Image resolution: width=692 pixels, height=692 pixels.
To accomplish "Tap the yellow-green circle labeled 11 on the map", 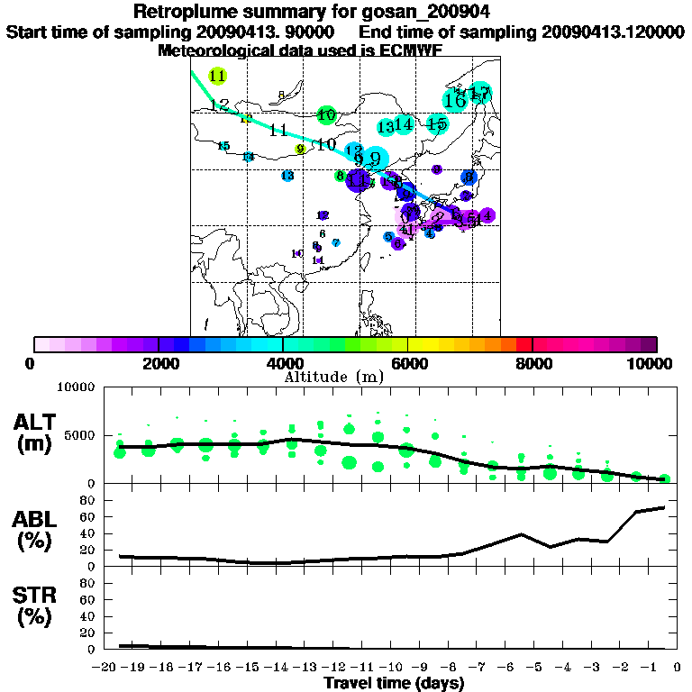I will (217, 77).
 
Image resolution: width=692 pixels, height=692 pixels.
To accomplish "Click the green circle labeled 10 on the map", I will (326, 114).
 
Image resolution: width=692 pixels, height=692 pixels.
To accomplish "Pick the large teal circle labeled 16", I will (455, 100).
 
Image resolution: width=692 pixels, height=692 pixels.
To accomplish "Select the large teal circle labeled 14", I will (404, 124).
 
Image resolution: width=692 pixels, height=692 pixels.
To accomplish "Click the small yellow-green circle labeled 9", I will (301, 149).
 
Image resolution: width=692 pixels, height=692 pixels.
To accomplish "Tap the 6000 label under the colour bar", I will (407, 364).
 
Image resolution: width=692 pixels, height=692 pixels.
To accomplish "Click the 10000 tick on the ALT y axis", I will (77, 388).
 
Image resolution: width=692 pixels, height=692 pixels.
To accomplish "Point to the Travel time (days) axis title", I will (394, 683).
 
